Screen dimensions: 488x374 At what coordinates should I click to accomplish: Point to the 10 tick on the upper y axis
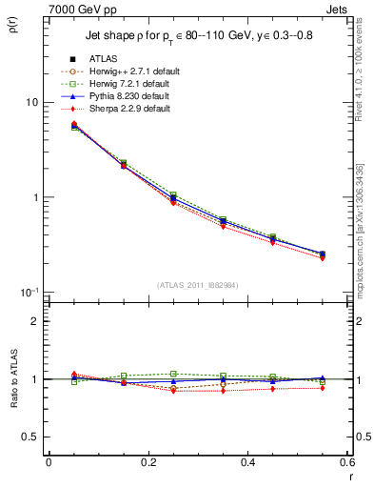(x=30, y=103)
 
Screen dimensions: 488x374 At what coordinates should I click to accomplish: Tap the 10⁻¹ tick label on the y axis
(x=29, y=292)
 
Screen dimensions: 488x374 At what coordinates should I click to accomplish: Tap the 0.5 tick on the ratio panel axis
(x=31, y=437)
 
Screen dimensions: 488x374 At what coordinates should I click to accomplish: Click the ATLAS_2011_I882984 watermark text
(x=198, y=283)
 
